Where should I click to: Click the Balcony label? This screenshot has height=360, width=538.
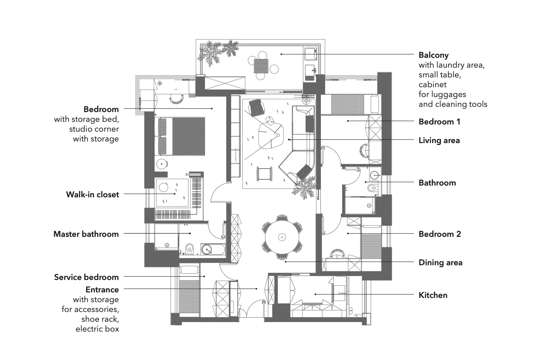tap(434, 55)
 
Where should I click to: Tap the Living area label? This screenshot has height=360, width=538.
tap(439, 140)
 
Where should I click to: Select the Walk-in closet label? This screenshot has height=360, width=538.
tap(92, 195)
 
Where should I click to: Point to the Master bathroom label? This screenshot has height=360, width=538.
tap(86, 234)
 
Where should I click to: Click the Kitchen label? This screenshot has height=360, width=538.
tap(433, 295)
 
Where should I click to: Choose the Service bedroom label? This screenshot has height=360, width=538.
tap(87, 277)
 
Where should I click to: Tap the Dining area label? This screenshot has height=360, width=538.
tap(440, 263)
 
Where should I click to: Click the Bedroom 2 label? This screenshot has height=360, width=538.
tap(440, 234)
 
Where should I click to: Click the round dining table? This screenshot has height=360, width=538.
tap(282, 237)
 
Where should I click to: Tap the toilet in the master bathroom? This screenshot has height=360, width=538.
tap(190, 249)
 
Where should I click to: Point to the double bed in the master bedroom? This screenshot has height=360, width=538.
tap(182, 136)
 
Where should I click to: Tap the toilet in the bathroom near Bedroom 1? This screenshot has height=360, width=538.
tap(372, 188)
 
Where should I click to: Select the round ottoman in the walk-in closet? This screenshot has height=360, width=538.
tap(163, 188)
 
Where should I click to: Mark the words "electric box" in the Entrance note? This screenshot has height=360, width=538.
tap(97, 329)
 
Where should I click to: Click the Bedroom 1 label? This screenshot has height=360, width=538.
tap(439, 122)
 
